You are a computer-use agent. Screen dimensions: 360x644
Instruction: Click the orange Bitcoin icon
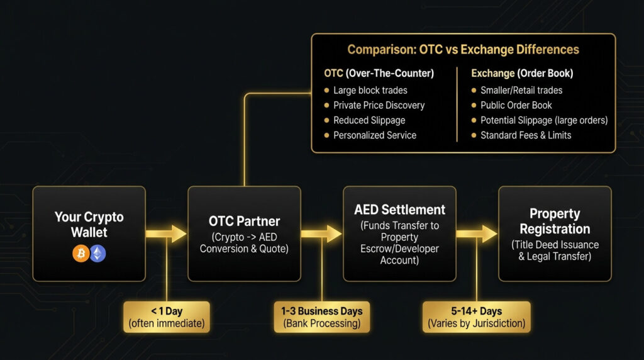tap(80, 254)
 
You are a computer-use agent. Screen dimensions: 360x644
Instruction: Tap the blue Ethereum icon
tap(98, 254)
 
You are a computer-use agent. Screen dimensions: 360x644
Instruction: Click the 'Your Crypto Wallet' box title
tap(89, 225)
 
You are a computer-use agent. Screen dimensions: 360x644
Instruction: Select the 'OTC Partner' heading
tap(244, 222)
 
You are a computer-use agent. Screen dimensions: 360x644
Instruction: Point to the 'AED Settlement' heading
tap(399, 210)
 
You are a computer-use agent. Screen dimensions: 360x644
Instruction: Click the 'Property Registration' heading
tap(555, 222)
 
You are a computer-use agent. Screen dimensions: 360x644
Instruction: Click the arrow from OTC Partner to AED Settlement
tap(321, 234)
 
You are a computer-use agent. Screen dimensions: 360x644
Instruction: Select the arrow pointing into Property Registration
tap(477, 234)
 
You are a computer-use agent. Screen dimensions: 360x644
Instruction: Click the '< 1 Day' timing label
tap(166, 317)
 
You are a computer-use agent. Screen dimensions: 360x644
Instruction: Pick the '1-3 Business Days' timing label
tap(321, 317)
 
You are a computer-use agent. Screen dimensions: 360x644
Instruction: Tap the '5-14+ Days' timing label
tap(476, 317)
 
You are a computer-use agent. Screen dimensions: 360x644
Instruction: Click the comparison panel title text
tap(463, 50)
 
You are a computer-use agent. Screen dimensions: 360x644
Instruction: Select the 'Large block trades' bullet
tap(370, 90)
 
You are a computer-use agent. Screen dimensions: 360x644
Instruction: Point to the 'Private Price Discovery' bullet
tap(379, 105)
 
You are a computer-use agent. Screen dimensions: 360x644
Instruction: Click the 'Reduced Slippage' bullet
tap(369, 120)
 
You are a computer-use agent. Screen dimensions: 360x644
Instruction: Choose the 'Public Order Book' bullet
tap(516, 105)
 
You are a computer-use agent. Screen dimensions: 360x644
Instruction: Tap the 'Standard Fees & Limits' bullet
tap(526, 135)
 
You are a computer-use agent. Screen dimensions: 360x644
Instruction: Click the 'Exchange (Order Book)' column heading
tap(521, 74)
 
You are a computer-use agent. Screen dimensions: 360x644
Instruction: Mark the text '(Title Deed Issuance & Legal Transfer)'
tap(555, 250)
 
